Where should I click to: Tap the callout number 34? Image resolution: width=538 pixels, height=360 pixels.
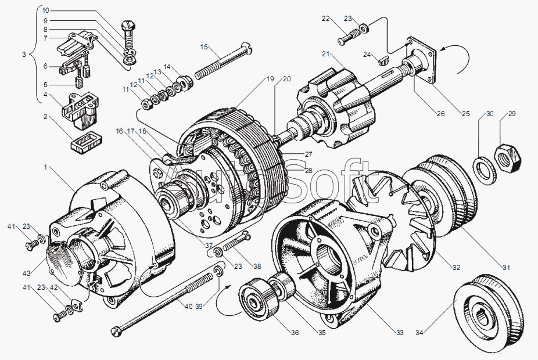tap(419, 333)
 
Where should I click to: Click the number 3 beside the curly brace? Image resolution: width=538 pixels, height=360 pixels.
tap(24, 55)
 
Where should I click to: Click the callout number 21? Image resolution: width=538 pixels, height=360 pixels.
tap(326, 55)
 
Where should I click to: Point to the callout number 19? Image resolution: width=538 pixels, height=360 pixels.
tap(270, 78)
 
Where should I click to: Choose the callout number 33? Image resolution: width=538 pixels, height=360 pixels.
tap(400, 333)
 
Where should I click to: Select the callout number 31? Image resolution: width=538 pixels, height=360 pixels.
tap(505, 268)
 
